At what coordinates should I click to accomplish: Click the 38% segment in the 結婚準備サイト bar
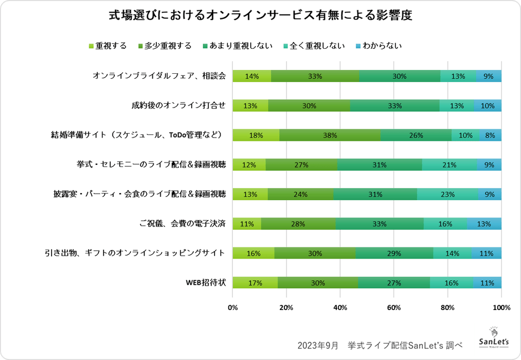click(x=330, y=135)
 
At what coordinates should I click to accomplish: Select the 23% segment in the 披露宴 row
click(x=447, y=194)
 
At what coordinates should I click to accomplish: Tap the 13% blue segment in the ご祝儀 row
click(x=484, y=224)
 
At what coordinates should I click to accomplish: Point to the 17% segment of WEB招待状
click(x=255, y=282)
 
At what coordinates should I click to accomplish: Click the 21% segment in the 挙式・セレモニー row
click(x=450, y=165)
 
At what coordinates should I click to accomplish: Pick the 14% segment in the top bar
click(x=252, y=77)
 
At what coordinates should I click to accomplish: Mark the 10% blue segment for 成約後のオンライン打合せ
click(x=488, y=106)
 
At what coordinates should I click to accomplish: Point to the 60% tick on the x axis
click(x=394, y=307)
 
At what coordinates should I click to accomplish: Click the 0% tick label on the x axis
click(x=233, y=307)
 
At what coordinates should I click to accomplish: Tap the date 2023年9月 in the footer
click(x=317, y=345)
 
